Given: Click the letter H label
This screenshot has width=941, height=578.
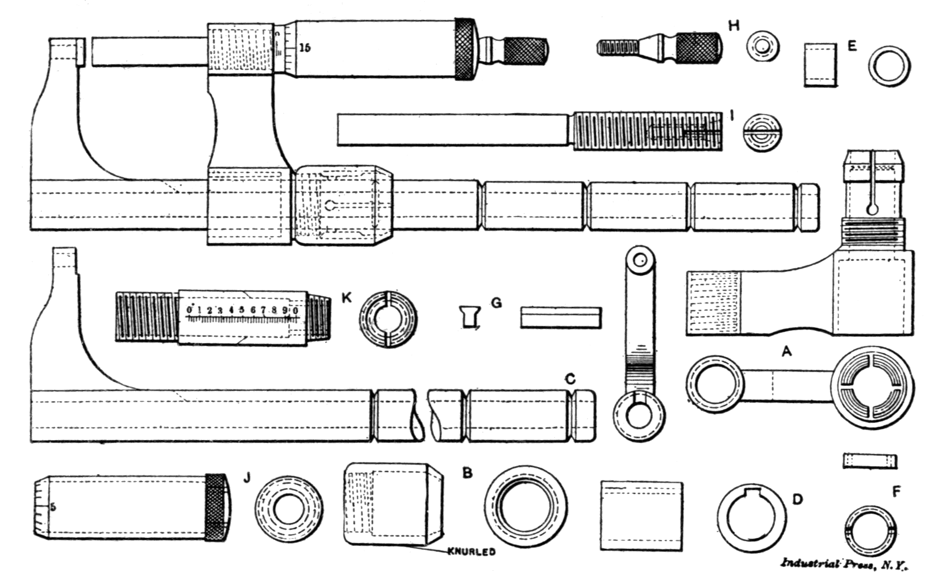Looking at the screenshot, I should (733, 26).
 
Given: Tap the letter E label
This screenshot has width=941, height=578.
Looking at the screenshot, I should (852, 46).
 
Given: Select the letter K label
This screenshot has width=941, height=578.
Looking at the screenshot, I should (347, 298).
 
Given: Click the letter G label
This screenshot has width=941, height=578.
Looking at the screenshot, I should (496, 303).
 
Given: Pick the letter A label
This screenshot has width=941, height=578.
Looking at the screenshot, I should (786, 351).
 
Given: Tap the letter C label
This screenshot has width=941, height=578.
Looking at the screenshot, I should (570, 379).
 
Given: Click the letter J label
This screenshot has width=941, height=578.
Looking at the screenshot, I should (247, 478).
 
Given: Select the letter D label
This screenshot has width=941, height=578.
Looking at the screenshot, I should (797, 499).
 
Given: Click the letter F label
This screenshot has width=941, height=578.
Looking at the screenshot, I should (897, 492).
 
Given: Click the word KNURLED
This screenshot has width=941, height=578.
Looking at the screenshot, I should (471, 552).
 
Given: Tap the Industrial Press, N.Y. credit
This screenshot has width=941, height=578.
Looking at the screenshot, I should (844, 564).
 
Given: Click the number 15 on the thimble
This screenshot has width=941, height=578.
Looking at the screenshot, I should (305, 47).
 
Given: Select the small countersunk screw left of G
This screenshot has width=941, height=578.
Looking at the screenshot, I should (469, 316).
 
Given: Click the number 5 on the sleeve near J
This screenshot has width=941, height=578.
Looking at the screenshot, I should (53, 507).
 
